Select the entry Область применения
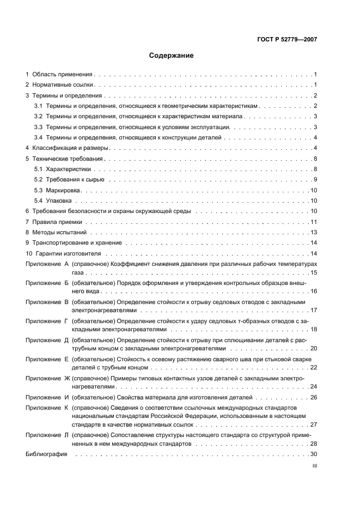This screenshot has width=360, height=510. [63, 74]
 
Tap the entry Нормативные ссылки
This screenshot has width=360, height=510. [63, 85]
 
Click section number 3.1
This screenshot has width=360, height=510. [38, 106]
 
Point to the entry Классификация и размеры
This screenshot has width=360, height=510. [71, 148]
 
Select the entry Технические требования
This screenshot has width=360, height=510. [68, 159]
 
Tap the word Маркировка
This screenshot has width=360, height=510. [64, 191]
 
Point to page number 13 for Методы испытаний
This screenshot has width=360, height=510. [313, 233]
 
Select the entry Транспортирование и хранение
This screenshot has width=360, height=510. [77, 243]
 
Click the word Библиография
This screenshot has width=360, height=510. [46, 455]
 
